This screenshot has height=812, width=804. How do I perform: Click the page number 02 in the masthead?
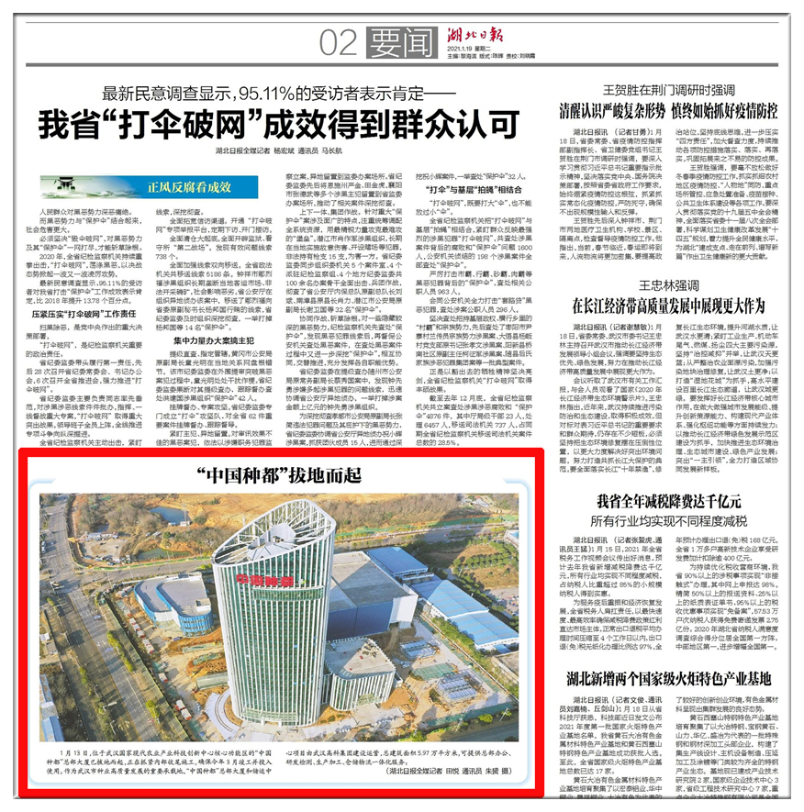click(x=338, y=42)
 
